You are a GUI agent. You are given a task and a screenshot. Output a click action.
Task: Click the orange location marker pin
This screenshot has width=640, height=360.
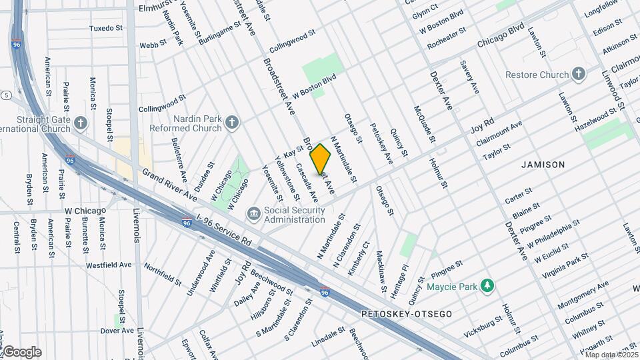coord(321,159)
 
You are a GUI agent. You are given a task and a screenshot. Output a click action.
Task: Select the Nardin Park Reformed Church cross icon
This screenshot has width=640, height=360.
coord(232,122)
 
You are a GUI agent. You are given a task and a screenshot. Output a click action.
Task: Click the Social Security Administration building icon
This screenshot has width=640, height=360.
coord(254,213)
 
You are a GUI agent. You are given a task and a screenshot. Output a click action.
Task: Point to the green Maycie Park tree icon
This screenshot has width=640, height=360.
coord(489,286)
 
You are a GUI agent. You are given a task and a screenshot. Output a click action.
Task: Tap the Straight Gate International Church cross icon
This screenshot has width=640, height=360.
coord(81,123)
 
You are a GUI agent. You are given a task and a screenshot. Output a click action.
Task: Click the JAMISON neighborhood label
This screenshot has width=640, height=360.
coord(543,164)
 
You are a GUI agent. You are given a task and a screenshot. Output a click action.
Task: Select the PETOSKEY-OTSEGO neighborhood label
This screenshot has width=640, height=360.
coord(407,313)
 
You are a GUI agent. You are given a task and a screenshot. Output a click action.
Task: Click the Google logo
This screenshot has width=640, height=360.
coord(21,351)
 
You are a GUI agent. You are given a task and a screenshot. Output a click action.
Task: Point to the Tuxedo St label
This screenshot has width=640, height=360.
coord(107,29)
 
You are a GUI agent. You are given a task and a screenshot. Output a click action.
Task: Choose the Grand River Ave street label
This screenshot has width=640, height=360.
coord(170,185)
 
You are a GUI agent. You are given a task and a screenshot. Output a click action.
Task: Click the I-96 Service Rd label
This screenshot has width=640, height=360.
coord(225,229)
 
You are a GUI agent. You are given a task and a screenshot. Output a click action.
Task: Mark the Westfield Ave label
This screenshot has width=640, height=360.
coord(109,265)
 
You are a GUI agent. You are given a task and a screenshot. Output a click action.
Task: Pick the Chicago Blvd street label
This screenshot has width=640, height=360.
coord(501,37)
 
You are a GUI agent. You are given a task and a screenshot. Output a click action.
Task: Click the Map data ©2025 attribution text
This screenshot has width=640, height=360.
coord(611,355)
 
